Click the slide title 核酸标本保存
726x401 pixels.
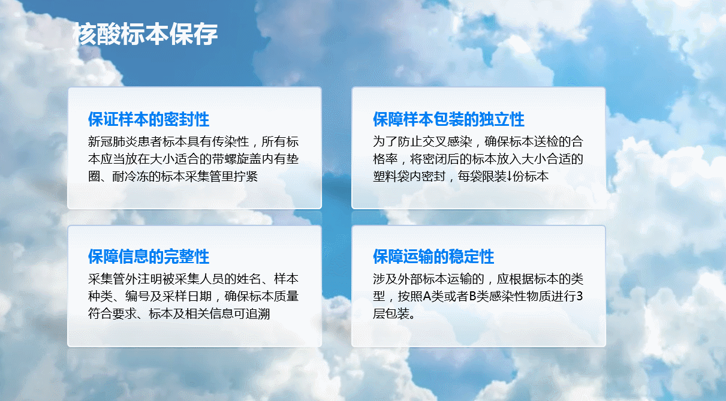[145, 34]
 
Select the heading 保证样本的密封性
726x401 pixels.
[149, 119]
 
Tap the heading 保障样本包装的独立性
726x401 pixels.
[448, 119]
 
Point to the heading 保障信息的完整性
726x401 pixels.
[149, 257]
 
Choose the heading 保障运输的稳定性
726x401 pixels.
[433, 257]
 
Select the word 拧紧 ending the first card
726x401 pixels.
[246, 177]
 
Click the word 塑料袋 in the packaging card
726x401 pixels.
[391, 177]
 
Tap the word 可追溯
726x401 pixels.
[252, 314]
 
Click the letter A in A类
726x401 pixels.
[427, 297]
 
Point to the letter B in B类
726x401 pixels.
[472, 297]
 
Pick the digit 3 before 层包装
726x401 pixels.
[580, 297]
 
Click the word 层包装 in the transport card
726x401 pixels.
[391, 314]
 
